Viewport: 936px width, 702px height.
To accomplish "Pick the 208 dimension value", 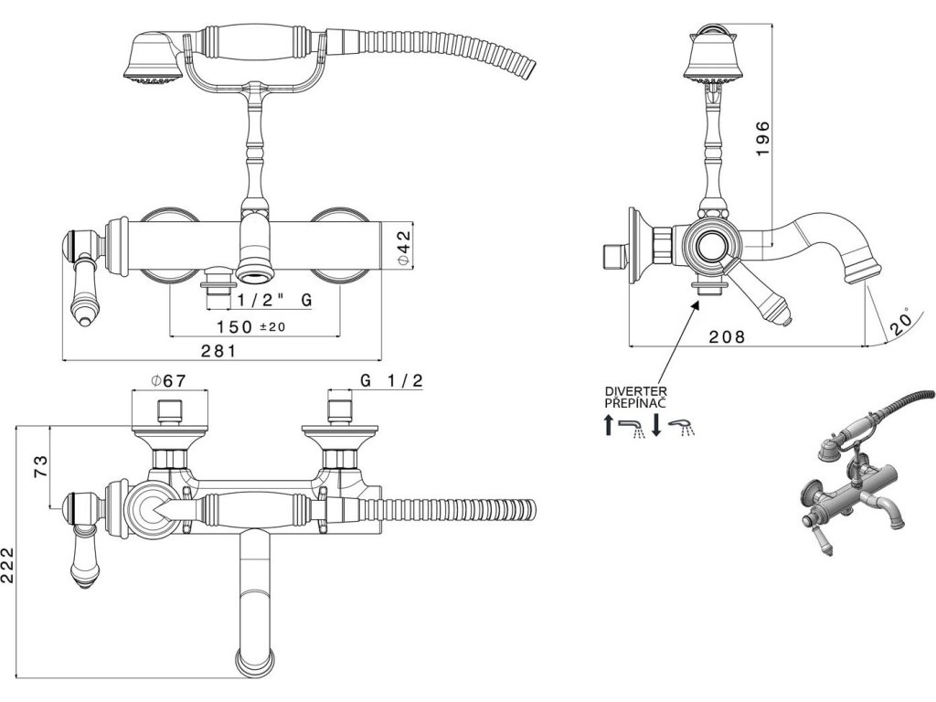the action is [x=728, y=337].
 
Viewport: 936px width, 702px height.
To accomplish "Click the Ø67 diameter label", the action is [x=168, y=381].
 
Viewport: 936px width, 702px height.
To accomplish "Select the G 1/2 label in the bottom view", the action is [x=391, y=381].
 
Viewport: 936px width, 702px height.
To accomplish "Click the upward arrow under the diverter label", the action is [x=610, y=425].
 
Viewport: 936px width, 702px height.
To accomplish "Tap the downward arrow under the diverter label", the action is [x=656, y=425].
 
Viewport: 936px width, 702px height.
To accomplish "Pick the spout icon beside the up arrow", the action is [x=633, y=426].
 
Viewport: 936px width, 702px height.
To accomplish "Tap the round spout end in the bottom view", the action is [x=256, y=660].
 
